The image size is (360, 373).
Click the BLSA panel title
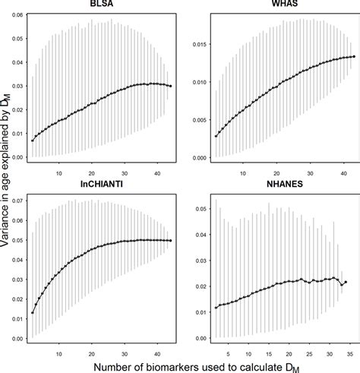pyautogui.click(x=99, y=5)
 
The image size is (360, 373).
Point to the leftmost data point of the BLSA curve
pyautogui.click(x=32, y=141)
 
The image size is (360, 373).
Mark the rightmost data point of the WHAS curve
pyautogui.click(x=353, y=56)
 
